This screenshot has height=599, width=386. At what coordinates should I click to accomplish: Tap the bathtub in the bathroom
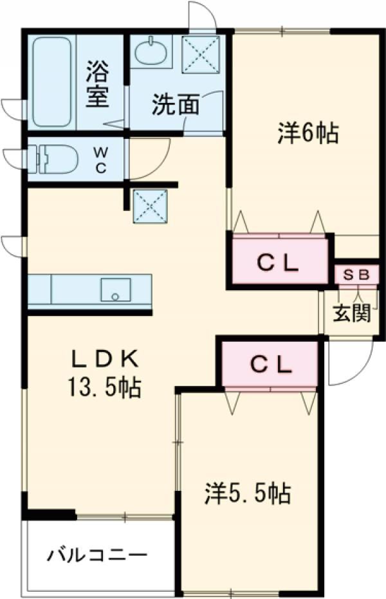52,82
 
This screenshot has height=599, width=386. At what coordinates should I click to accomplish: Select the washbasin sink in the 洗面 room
151,52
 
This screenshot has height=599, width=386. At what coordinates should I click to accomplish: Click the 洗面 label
176,104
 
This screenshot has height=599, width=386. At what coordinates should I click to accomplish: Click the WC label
100,161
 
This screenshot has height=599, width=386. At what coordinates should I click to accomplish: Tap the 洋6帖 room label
308,133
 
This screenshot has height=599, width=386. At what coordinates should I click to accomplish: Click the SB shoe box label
356,275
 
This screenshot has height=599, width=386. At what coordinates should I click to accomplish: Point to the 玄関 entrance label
352,314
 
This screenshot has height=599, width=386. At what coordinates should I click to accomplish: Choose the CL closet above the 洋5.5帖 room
270,364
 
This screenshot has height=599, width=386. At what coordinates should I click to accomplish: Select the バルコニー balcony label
97,555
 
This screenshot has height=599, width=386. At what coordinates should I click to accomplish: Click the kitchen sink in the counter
116,289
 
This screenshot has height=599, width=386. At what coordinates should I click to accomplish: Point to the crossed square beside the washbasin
201,54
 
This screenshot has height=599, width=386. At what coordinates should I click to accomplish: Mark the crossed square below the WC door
150,207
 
